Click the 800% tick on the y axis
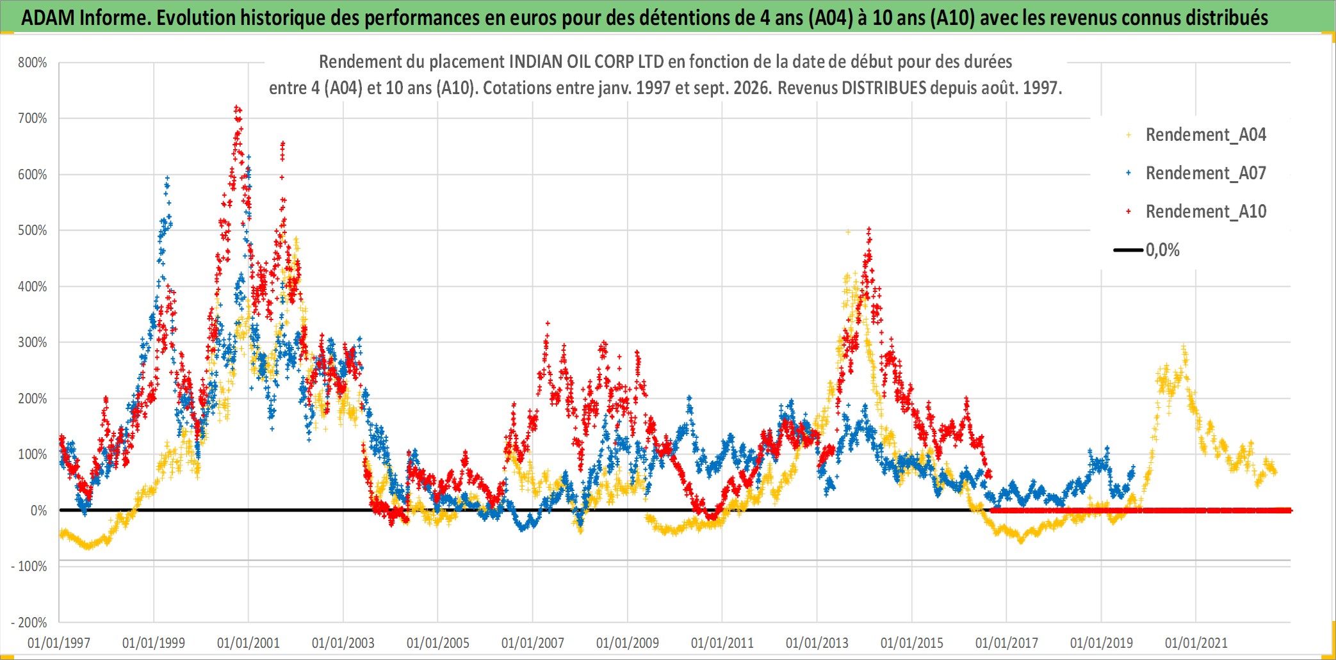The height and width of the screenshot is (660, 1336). (x=33, y=63)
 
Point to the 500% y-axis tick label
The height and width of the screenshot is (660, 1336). (x=33, y=230)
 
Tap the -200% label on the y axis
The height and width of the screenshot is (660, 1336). (x=29, y=622)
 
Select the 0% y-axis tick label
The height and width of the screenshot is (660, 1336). (x=38, y=511)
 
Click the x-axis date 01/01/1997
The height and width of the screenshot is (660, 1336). (x=59, y=643)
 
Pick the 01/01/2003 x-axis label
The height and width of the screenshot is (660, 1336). (x=343, y=643)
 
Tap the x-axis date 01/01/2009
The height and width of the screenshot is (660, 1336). (x=628, y=643)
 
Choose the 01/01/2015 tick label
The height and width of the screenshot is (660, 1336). (x=912, y=643)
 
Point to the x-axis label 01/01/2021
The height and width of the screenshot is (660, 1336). (x=1196, y=643)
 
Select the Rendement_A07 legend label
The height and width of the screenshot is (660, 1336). (x=1206, y=173)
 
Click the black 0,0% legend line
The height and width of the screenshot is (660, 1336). (x=1128, y=250)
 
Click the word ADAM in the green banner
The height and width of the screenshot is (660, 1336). (x=48, y=18)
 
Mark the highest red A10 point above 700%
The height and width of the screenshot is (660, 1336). (x=237, y=108)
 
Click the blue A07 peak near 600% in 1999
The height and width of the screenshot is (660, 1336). (x=167, y=178)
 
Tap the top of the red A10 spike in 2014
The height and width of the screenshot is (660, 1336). (x=868, y=229)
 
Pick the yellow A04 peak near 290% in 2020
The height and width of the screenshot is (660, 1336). (x=1184, y=348)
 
